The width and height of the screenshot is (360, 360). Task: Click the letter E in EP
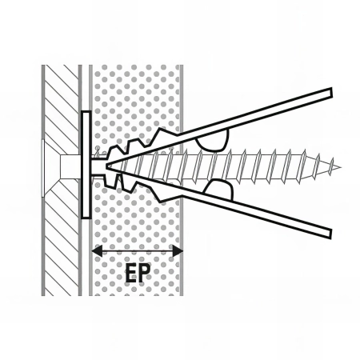(x=132, y=273)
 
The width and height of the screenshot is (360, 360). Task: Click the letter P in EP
(x=145, y=273)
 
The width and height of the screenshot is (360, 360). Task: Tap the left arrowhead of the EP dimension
(x=97, y=251)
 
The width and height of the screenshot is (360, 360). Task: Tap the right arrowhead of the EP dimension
(x=178, y=251)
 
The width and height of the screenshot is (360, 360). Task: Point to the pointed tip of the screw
(x=341, y=168)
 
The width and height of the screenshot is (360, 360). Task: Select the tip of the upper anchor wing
(x=330, y=92)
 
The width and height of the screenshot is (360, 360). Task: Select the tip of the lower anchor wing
(x=330, y=234)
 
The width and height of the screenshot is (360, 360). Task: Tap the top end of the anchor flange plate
(x=86, y=112)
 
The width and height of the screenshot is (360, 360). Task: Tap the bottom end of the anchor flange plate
(x=86, y=217)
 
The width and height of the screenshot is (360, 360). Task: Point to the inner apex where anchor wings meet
(x=107, y=166)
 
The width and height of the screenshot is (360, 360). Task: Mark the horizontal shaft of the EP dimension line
(x=137, y=251)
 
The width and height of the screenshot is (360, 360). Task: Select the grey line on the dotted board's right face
(x=182, y=180)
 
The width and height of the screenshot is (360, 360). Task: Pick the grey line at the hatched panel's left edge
(x=43, y=180)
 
